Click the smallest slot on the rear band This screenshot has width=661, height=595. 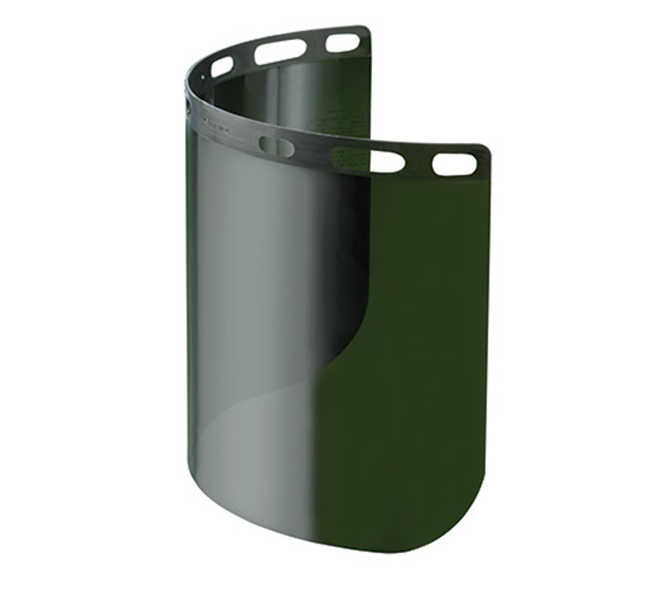(x=222, y=67)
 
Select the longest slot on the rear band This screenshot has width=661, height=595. (x=280, y=52)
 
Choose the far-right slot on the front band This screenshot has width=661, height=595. (x=454, y=164)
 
